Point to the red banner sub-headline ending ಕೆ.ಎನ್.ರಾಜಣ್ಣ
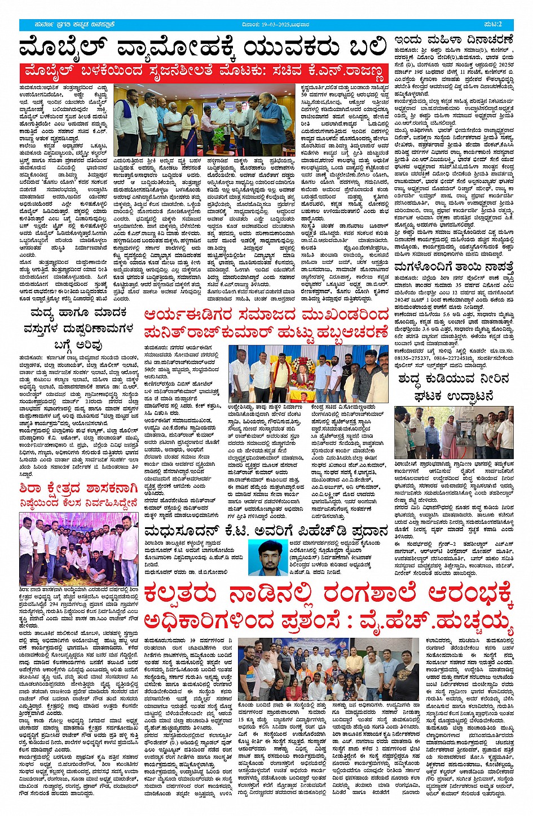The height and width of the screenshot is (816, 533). [203, 72]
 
